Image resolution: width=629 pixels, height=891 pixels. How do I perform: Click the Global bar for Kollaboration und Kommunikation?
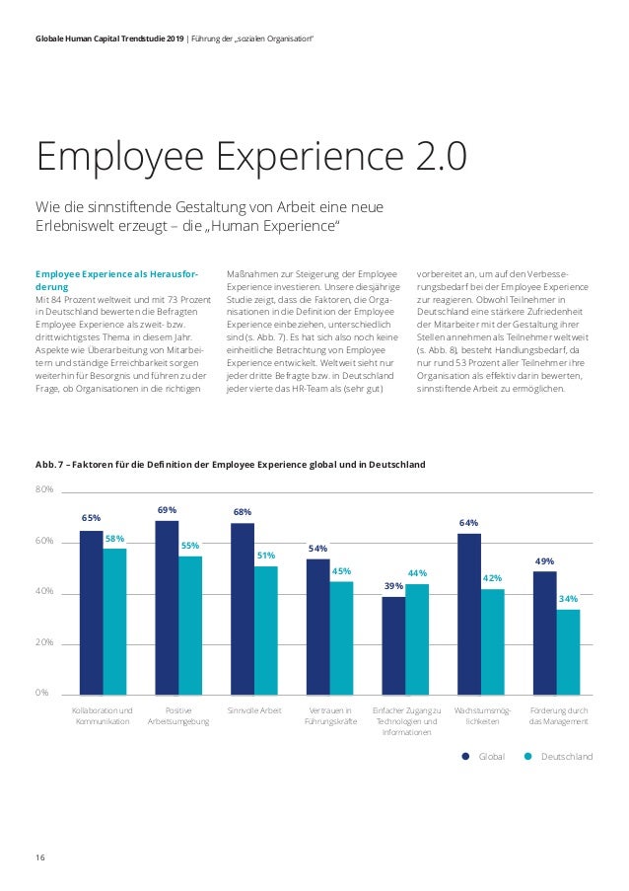(x=91, y=612)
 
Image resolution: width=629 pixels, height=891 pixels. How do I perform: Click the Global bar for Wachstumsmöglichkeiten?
(x=469, y=613)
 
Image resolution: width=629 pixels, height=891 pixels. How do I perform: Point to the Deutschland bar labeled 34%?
(x=568, y=651)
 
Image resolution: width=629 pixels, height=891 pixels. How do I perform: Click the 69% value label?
(x=167, y=510)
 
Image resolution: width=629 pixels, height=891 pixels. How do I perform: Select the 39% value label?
(x=393, y=586)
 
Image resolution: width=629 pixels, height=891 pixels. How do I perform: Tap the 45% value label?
(x=341, y=570)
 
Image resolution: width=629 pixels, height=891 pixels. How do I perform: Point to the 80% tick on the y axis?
(x=45, y=490)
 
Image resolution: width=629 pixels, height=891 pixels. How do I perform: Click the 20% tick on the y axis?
(x=45, y=642)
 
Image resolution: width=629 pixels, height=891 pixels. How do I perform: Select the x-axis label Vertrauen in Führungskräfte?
(x=317, y=715)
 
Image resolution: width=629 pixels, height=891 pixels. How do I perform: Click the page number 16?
(x=40, y=856)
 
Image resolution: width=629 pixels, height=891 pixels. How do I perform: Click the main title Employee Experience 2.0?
(x=251, y=158)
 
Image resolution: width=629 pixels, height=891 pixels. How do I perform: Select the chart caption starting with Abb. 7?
(x=230, y=463)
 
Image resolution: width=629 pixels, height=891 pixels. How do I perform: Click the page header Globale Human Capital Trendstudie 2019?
(x=113, y=37)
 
